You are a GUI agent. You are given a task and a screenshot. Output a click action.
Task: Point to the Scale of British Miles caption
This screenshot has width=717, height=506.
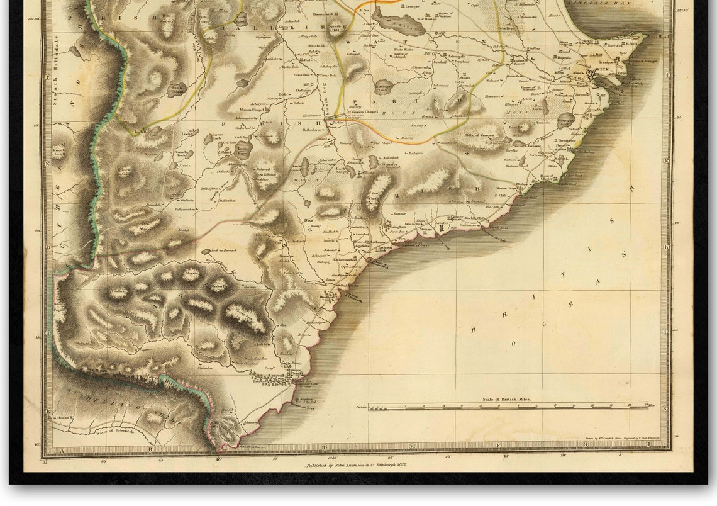pos(507,399)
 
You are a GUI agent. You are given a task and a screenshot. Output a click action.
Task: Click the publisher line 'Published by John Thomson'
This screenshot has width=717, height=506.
pos(356,465)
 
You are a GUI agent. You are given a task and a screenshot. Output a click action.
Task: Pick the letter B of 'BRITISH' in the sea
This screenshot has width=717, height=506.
pos(475,328)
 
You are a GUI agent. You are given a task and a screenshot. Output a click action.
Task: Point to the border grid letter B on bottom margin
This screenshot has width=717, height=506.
pos(150,449)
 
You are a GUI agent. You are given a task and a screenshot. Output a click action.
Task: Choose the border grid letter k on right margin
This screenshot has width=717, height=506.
pos(665,408)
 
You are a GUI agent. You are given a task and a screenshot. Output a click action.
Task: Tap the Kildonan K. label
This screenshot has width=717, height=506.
pos(64,417)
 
